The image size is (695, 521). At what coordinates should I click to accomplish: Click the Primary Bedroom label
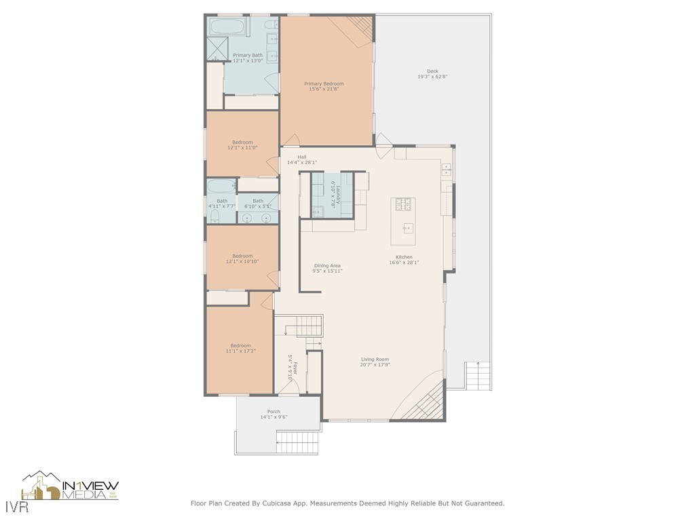point(324,83)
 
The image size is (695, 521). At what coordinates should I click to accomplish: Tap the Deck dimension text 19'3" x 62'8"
point(432,77)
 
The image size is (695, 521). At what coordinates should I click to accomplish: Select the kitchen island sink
point(408,228)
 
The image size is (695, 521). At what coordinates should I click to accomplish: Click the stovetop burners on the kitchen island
point(402,204)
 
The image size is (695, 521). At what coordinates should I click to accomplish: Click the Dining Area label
point(327,266)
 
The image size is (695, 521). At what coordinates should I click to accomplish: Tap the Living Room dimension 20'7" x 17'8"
point(375,365)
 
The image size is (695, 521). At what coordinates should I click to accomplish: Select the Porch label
point(274,412)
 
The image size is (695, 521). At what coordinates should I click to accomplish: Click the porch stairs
point(297,442)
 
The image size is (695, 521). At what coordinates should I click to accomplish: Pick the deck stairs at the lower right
point(478,374)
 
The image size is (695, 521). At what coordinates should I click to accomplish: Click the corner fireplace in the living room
point(424,404)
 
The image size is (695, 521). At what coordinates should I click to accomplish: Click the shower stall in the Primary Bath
point(217,50)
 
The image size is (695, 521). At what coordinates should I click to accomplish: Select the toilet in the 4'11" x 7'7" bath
point(214,216)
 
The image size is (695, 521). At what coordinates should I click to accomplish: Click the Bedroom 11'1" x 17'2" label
point(240,345)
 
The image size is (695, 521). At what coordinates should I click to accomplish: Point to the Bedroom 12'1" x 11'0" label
point(242,142)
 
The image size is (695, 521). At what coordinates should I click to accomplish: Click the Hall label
point(302,157)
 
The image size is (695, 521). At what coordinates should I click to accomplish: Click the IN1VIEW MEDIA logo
point(71,486)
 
